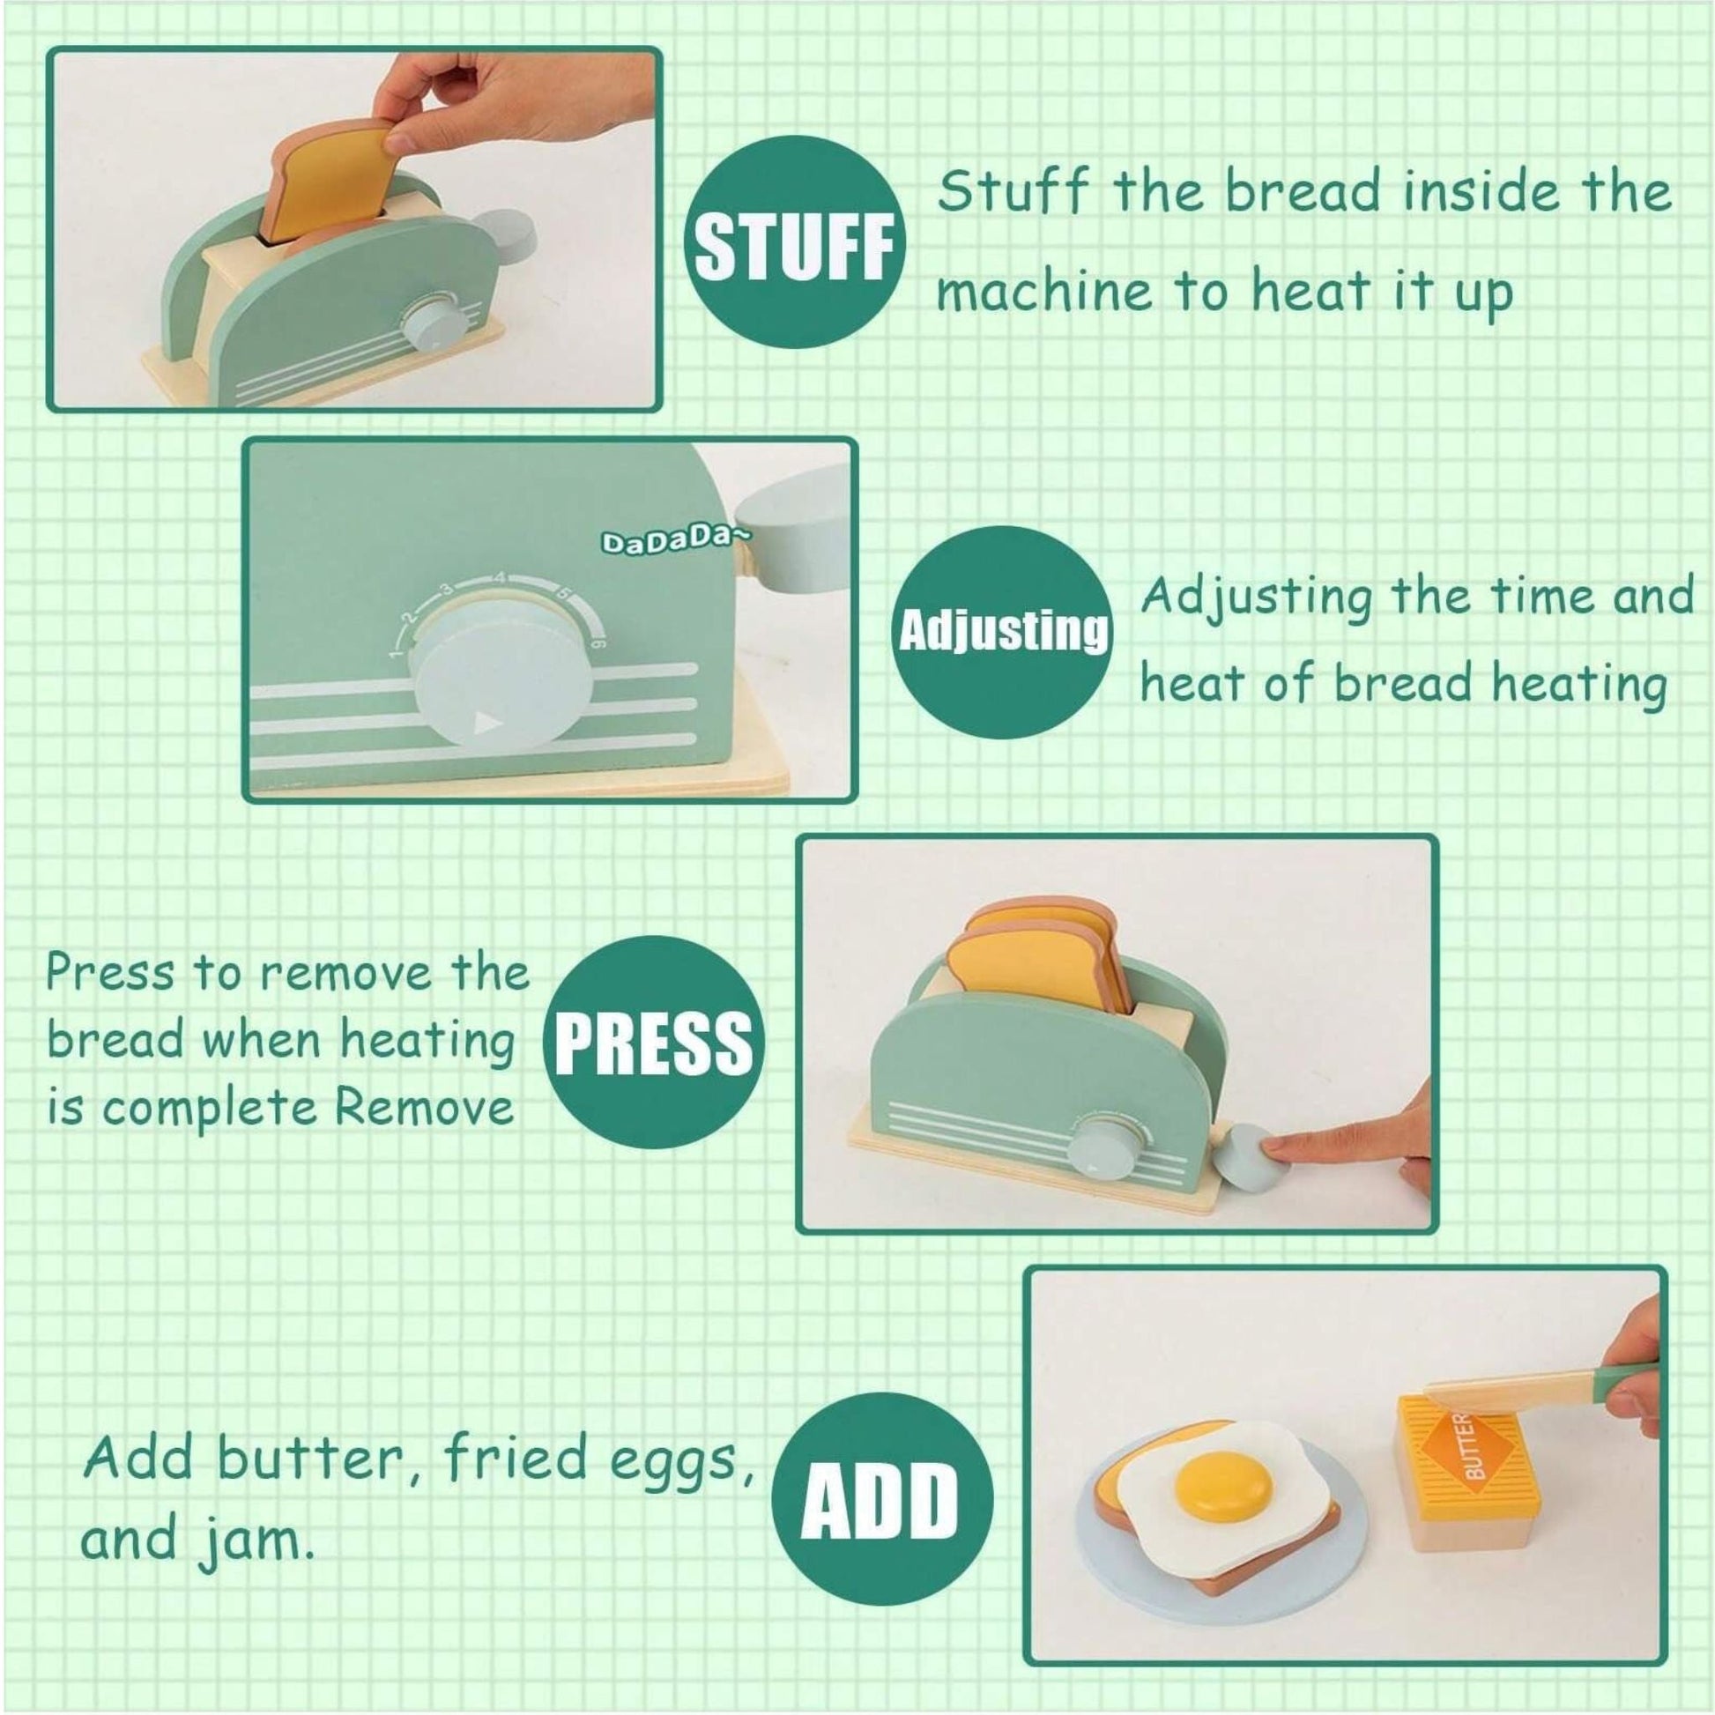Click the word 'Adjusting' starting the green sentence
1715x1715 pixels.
1257,598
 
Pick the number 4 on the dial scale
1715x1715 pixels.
501,579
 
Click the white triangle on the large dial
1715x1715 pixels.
485,722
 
